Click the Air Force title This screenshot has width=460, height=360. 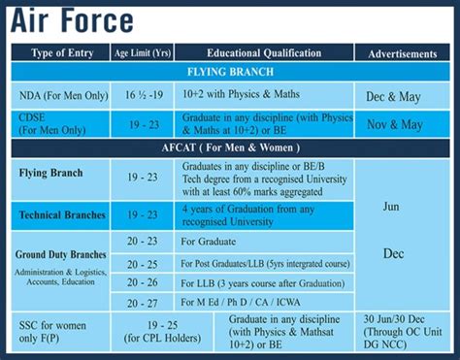coord(73,20)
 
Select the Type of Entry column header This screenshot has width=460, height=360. coord(60,52)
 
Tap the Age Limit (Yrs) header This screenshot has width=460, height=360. coord(144,52)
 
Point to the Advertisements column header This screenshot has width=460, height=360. coord(402,52)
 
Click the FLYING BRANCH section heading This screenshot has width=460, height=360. coord(229,73)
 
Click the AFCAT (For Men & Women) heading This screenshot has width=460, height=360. coord(229,147)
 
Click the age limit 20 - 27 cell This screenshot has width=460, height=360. coord(143,302)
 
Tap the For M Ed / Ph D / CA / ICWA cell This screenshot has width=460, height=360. coord(237,302)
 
